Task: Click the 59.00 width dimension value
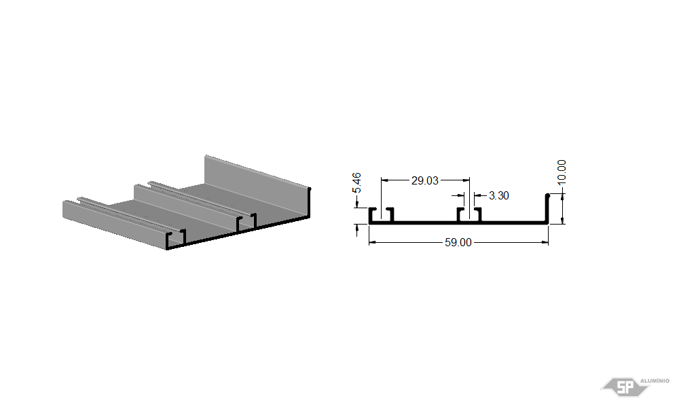[x=458, y=242]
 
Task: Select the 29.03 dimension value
[x=425, y=180]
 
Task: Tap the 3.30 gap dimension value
[x=499, y=195]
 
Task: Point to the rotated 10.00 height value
[x=562, y=172]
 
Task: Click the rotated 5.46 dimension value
[x=357, y=182]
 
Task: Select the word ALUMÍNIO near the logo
[x=655, y=381]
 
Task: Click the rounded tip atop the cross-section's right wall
[x=547, y=195]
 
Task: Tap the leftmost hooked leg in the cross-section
[x=371, y=215]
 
